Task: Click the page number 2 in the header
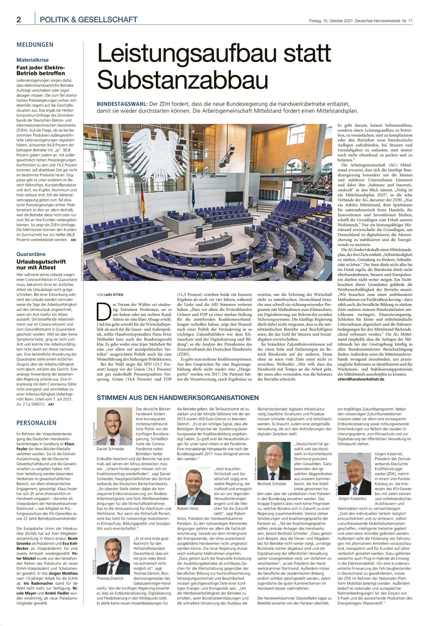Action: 19,20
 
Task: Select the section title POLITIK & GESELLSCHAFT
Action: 88,20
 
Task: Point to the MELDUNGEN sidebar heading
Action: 35,45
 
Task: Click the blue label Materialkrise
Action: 33,60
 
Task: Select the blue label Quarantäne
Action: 31,254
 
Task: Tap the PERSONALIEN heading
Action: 37,423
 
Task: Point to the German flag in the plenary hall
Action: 143,201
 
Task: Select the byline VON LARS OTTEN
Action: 110,295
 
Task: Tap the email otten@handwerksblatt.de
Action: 361,379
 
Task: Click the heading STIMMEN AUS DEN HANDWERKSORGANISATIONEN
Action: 178,398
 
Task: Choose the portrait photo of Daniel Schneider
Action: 115,426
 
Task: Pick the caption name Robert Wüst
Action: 188,509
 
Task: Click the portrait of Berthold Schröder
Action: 274,461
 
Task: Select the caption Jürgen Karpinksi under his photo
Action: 352,499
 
